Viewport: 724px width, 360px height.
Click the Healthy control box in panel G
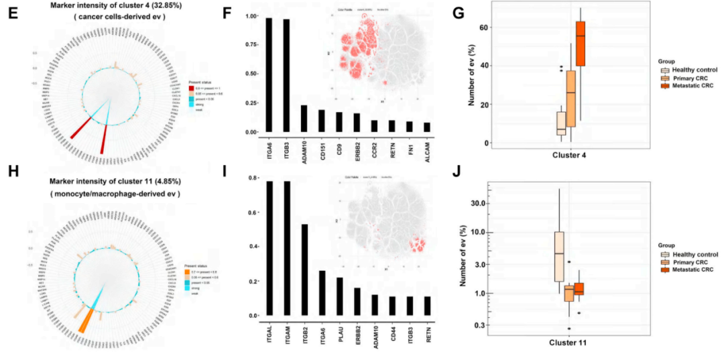[561, 125]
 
